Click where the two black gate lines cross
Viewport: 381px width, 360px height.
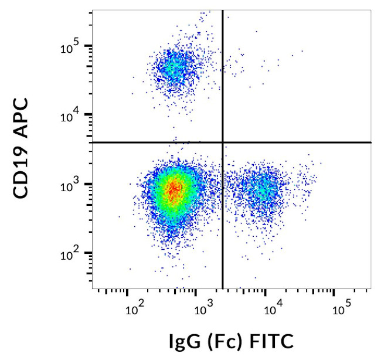pyautogui.click(x=223, y=142)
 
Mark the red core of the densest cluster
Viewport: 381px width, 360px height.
pyautogui.click(x=173, y=189)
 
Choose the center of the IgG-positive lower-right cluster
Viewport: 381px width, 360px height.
pyautogui.click(x=264, y=189)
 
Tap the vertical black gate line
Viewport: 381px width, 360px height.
pyautogui.click(x=223, y=235)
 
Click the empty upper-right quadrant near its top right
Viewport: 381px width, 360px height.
pyautogui.click(x=346, y=29)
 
